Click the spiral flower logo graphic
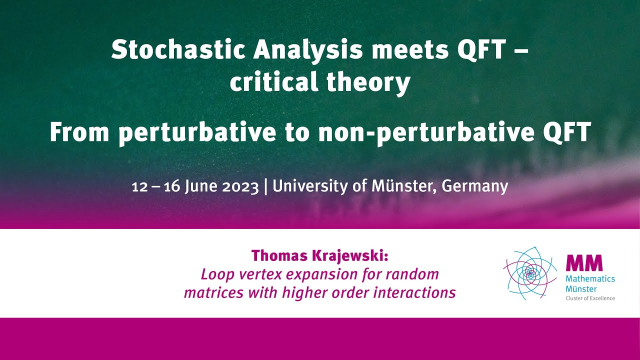coord(530,272)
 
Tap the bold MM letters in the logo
coord(584,263)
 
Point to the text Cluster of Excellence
coord(590,298)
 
